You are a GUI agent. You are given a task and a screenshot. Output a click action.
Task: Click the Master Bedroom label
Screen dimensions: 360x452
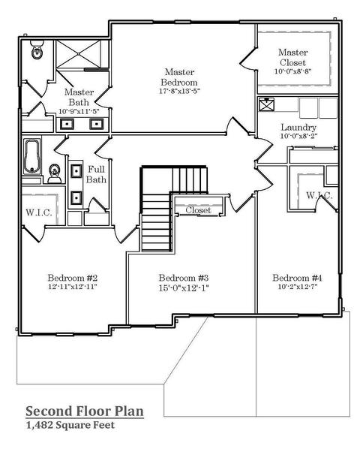(x=179, y=77)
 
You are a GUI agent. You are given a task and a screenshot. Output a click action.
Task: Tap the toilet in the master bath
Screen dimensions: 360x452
(x=37, y=50)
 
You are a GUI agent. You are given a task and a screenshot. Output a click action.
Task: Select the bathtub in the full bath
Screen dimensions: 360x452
(x=32, y=156)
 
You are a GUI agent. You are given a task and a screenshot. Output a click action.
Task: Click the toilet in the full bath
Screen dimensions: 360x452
(x=55, y=173)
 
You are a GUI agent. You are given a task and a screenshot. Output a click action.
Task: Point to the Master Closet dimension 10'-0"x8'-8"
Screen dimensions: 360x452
(x=293, y=71)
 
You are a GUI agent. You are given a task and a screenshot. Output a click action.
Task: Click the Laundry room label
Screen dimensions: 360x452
(x=298, y=127)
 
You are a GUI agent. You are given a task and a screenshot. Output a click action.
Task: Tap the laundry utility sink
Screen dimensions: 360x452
(x=266, y=104)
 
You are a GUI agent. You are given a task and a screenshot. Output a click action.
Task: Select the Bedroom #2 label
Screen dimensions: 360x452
(x=73, y=278)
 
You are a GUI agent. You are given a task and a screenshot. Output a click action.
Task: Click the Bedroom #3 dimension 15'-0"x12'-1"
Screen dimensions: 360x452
(x=184, y=288)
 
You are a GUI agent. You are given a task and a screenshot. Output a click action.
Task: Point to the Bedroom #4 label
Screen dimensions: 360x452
(x=297, y=278)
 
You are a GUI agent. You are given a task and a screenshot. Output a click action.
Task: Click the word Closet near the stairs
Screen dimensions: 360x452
(x=198, y=210)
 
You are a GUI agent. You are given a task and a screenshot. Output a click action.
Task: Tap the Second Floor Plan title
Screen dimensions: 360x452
(x=85, y=411)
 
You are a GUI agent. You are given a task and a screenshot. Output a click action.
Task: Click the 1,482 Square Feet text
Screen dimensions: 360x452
(x=70, y=425)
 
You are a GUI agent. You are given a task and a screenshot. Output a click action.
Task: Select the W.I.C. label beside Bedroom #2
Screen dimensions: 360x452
(x=39, y=212)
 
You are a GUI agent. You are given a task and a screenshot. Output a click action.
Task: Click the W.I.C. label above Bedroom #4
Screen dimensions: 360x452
(x=319, y=195)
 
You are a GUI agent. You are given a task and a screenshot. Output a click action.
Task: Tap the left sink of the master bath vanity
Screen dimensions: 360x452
(x=67, y=124)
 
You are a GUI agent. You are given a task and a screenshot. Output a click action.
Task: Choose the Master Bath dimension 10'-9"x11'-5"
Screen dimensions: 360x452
(x=79, y=111)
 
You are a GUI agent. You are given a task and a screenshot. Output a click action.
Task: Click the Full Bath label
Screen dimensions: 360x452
(x=96, y=174)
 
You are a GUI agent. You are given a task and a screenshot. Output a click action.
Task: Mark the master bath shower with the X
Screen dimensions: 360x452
(x=78, y=54)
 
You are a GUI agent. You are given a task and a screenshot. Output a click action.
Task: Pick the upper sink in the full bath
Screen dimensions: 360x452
(x=76, y=171)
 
